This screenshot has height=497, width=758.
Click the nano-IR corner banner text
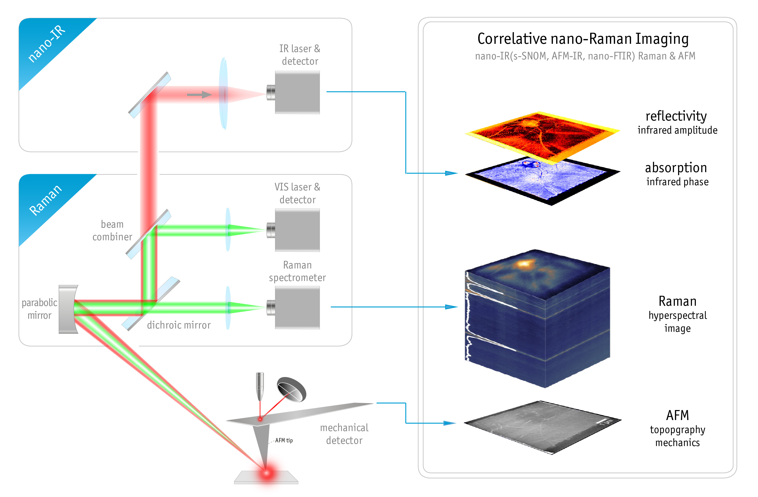click(x=47, y=44)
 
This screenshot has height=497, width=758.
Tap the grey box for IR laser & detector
click(x=297, y=92)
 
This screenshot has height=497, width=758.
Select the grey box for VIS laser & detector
click(x=297, y=230)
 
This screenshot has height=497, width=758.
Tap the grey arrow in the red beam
click(x=199, y=95)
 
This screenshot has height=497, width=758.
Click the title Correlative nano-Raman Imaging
click(x=583, y=39)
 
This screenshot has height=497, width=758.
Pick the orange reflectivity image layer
click(x=541, y=134)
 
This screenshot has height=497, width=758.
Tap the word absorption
click(x=676, y=168)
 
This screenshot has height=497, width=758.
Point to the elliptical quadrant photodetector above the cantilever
click(x=291, y=389)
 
